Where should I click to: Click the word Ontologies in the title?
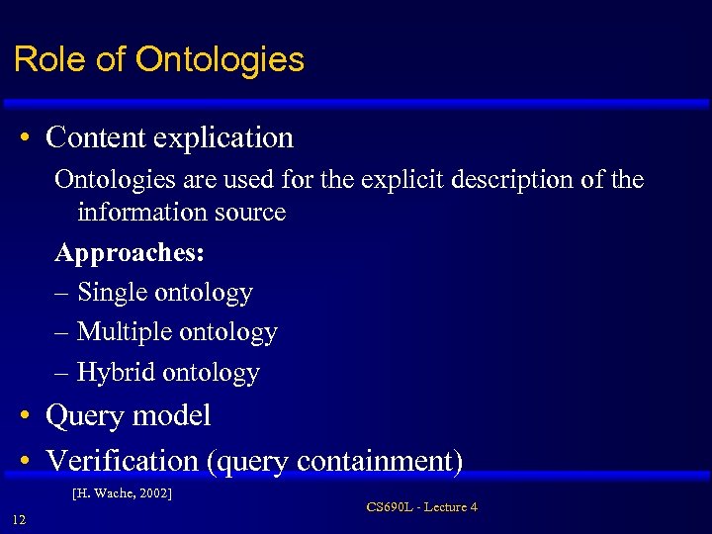(220, 59)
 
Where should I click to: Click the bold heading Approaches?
(130, 252)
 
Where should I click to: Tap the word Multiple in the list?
(125, 332)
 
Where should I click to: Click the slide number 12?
(19, 521)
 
